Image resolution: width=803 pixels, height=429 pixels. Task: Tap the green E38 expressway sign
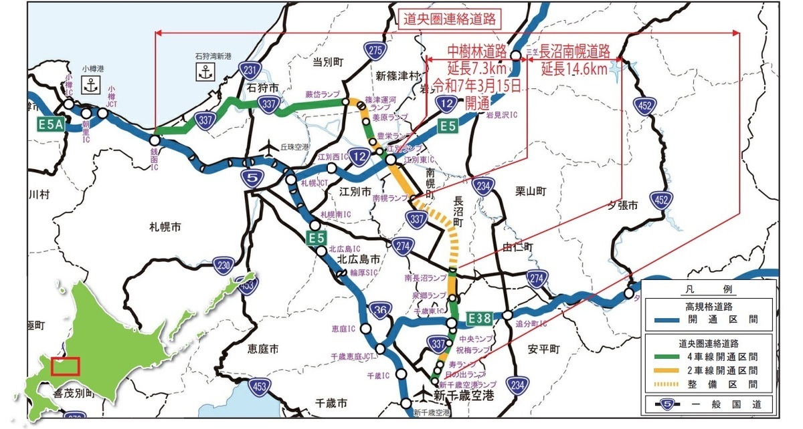tap(480, 316)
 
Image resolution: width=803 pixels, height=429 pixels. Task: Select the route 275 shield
tap(375, 50)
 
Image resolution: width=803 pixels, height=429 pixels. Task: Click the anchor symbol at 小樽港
tap(90, 84)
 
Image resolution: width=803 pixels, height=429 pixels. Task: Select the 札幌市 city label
tap(165, 227)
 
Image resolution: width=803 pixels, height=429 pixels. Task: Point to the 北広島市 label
tap(359, 259)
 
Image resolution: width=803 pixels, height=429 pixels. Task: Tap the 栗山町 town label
tap(531, 191)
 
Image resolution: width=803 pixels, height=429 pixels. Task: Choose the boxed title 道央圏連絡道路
tap(451, 19)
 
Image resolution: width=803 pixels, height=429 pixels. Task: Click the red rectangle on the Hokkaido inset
tap(65, 366)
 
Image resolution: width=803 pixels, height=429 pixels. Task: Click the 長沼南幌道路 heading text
tap(575, 51)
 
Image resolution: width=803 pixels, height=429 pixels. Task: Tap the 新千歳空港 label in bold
tap(464, 396)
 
